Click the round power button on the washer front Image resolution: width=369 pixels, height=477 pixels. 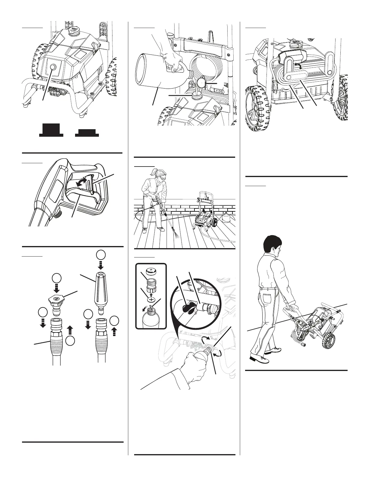tap(54, 67)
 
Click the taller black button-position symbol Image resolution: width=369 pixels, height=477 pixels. tap(51, 130)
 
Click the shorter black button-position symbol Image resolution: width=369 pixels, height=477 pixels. tap(87, 132)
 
